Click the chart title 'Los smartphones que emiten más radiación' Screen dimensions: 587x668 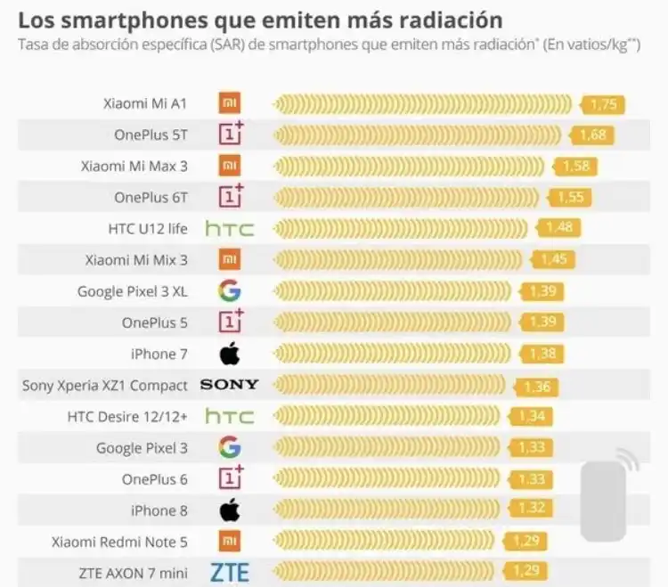(x=259, y=20)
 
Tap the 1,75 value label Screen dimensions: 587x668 (x=603, y=105)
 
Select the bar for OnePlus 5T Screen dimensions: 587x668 (x=419, y=135)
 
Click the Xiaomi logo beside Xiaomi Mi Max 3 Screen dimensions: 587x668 (x=230, y=166)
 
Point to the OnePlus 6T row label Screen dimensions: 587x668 (x=151, y=197)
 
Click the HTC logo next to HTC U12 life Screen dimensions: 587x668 (x=230, y=229)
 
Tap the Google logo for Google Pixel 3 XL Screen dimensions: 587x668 (x=230, y=290)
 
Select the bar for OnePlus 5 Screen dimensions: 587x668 (x=396, y=322)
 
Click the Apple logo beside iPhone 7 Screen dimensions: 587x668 (x=230, y=354)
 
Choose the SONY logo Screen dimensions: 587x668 (x=229, y=385)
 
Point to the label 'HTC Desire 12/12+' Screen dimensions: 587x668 (x=127, y=416)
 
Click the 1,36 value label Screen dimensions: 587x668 (x=537, y=387)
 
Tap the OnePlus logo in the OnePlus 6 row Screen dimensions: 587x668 (x=231, y=478)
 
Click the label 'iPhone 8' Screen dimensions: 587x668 (x=159, y=510)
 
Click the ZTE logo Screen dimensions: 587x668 (x=230, y=572)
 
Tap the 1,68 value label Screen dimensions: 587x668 (x=592, y=135)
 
